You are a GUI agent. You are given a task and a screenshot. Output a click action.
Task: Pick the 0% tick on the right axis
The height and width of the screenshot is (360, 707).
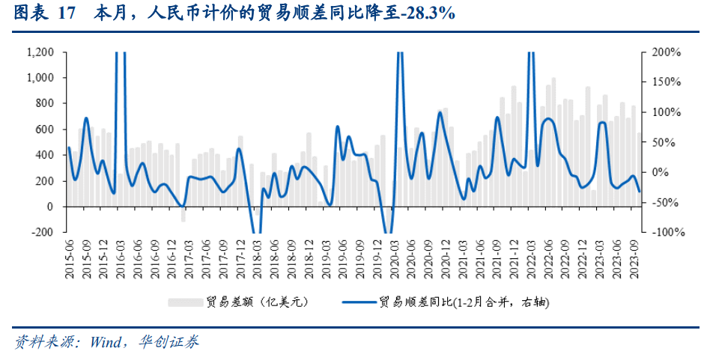[x=660, y=173]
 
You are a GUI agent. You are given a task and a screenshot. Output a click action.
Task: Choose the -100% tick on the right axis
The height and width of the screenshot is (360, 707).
[x=667, y=233]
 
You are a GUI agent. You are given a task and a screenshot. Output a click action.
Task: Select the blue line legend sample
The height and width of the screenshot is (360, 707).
[x=357, y=302]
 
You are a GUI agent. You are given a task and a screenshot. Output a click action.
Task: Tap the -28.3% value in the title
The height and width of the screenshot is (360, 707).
[x=428, y=13]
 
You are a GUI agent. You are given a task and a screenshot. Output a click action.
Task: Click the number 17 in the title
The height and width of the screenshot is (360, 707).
[x=66, y=13]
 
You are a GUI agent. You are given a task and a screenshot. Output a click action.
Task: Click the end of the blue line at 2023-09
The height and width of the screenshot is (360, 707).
[x=639, y=192]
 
